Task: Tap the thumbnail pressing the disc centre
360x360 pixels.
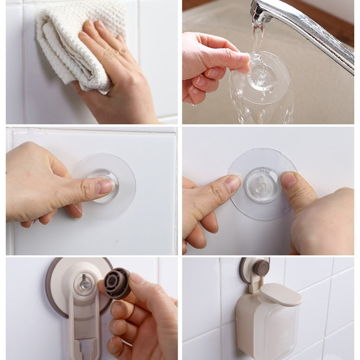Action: [105, 186]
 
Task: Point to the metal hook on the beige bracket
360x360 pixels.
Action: [84, 283]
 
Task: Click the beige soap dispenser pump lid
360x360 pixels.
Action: [281, 294]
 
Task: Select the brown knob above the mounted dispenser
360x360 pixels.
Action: [261, 268]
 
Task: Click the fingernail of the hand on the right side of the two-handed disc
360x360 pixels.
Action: [288, 180]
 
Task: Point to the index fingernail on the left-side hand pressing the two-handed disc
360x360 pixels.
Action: [233, 184]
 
